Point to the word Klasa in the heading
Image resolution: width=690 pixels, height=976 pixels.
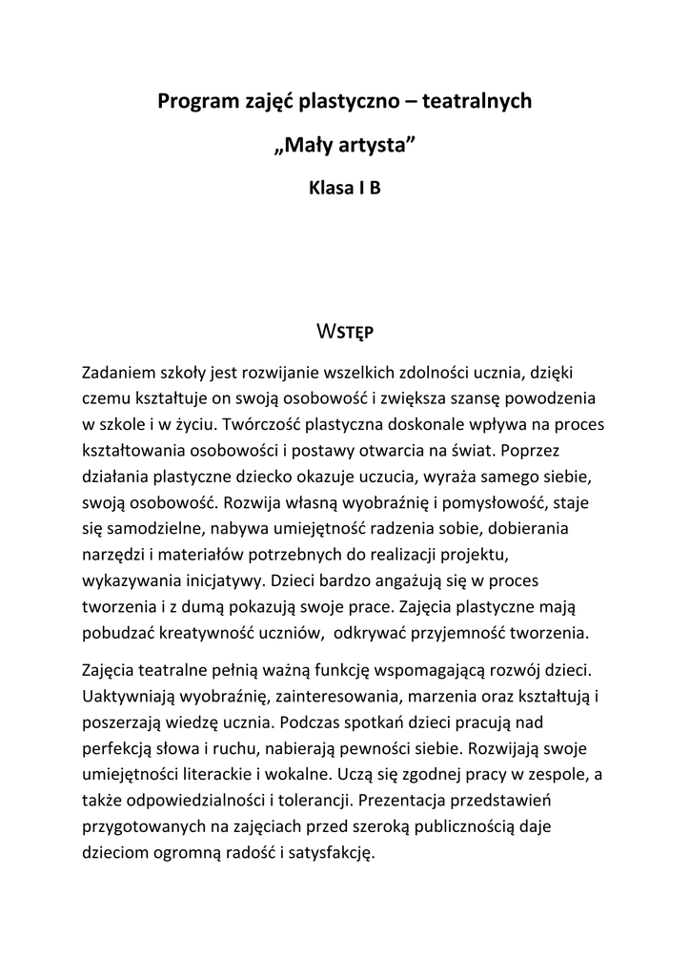tap(330, 188)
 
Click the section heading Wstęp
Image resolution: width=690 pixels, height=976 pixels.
tap(344, 332)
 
